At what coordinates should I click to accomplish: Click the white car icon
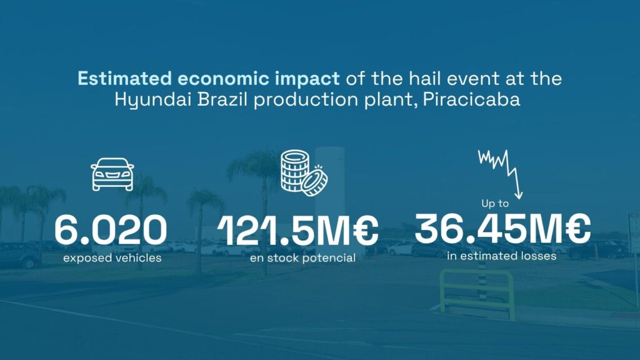[112, 174]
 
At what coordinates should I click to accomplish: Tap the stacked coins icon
[304, 172]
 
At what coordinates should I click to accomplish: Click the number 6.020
[111, 231]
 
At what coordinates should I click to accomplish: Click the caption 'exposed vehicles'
[112, 258]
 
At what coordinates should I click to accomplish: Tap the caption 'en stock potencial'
[302, 258]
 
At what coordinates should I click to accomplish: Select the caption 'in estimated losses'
[502, 256]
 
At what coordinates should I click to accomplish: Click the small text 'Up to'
[495, 203]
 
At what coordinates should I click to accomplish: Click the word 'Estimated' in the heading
[124, 78]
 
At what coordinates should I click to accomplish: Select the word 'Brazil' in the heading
[222, 99]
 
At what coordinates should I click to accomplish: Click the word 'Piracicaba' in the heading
[471, 99]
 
